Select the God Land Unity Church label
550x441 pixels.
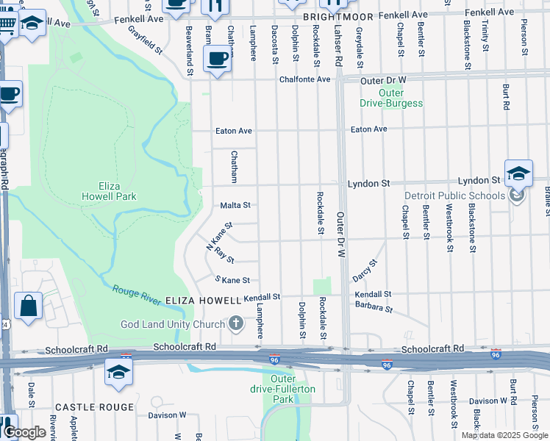[x=172, y=324]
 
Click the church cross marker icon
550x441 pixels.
[x=236, y=323]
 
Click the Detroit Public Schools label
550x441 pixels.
[x=455, y=196]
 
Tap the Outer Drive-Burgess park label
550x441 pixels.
[x=391, y=98]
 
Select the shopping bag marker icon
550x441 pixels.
[x=28, y=307]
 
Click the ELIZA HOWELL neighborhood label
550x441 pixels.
[x=203, y=301]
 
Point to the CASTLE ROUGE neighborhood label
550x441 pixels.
[x=95, y=406]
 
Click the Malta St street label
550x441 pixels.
[x=236, y=205]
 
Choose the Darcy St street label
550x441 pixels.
[x=364, y=271]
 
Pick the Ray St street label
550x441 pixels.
[x=224, y=255]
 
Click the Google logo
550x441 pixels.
[x=25, y=433]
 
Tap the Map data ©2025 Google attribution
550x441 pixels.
[x=504, y=435]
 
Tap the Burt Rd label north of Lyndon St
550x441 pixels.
[x=506, y=96]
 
